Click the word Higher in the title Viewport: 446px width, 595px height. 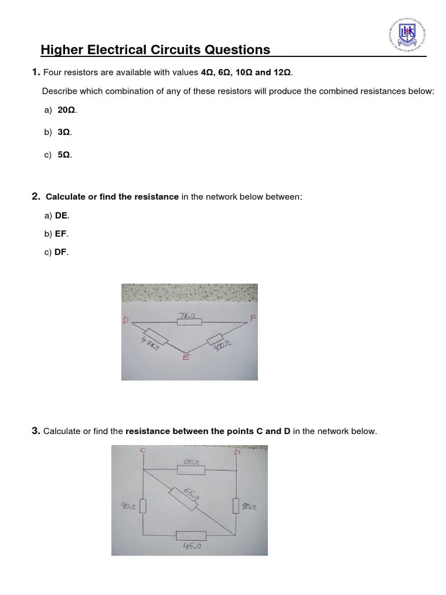pos(61,50)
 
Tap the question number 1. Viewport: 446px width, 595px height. pos(35,72)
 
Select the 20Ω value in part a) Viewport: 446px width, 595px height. pos(67,110)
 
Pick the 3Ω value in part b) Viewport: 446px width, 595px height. pos(64,132)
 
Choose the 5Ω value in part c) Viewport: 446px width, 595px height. pos(64,155)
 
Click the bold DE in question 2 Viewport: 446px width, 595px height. pos(62,216)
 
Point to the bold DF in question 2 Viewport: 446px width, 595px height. pos(61,252)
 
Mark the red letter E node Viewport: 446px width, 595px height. pos(186,358)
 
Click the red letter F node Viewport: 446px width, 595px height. pos(252,318)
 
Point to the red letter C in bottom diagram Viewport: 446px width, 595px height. pos(142,450)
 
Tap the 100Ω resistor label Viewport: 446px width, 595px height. pos(190,462)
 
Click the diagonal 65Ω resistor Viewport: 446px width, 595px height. pos(185,494)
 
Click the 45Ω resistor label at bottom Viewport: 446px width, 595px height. pos(190,546)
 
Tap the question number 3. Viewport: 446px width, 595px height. pos(35,431)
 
